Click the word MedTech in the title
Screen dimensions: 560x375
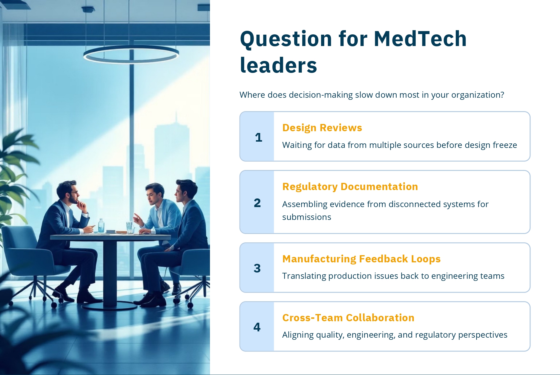tap(420, 39)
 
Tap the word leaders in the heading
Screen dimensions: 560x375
tap(278, 65)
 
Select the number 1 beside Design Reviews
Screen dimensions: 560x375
tap(259, 137)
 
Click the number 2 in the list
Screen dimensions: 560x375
tap(257, 203)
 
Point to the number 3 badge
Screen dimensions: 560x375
tap(257, 268)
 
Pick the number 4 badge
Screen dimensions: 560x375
tap(257, 327)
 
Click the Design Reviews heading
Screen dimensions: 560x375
tap(322, 128)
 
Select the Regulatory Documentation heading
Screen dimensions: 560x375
tap(350, 187)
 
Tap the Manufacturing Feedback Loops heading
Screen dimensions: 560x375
tap(361, 259)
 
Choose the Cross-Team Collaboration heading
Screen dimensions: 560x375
tap(348, 318)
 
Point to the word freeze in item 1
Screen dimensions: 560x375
tap(505, 145)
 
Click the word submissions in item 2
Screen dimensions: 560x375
tap(307, 217)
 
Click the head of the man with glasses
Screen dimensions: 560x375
tap(68, 192)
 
